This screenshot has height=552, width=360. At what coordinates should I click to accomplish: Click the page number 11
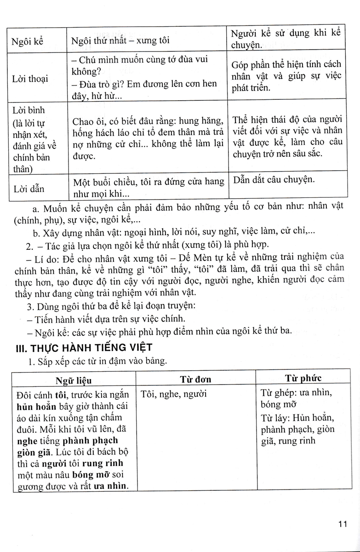click(342, 524)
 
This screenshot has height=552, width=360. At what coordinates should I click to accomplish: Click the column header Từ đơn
click(195, 379)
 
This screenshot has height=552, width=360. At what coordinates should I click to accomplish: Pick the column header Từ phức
click(303, 379)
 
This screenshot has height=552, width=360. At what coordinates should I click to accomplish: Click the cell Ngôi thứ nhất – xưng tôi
click(120, 40)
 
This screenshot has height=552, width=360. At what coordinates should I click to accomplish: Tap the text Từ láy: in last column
click(276, 418)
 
